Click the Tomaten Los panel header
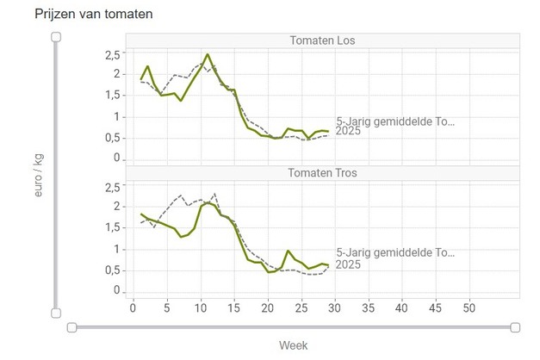[322, 40]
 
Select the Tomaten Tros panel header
[322, 172]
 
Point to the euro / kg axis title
[38, 177]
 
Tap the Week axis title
[293, 344]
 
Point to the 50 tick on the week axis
[469, 307]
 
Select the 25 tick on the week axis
[301, 307]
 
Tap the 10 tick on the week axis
[200, 307]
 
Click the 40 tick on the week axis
[402, 307]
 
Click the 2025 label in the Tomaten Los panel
[348, 133]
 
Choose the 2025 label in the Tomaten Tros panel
[348, 264]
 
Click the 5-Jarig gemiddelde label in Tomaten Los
[394, 121]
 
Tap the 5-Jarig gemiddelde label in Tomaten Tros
[394, 253]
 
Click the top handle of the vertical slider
[56, 36]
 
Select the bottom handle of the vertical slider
[56, 313]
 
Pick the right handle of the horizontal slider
[515, 326]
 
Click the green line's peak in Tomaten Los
[208, 54]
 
